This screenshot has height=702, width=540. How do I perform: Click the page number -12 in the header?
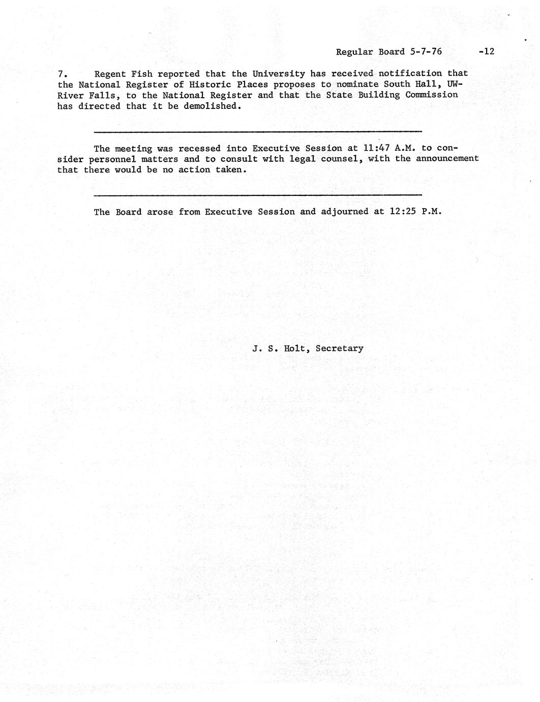click(x=486, y=51)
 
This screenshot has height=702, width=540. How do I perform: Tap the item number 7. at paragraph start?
click(x=63, y=74)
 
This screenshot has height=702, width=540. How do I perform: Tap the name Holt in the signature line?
click(x=295, y=348)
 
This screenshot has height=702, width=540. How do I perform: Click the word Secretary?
click(x=339, y=348)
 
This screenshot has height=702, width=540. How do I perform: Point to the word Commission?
click(x=432, y=95)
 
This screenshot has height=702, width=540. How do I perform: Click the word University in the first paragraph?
click(x=279, y=74)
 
